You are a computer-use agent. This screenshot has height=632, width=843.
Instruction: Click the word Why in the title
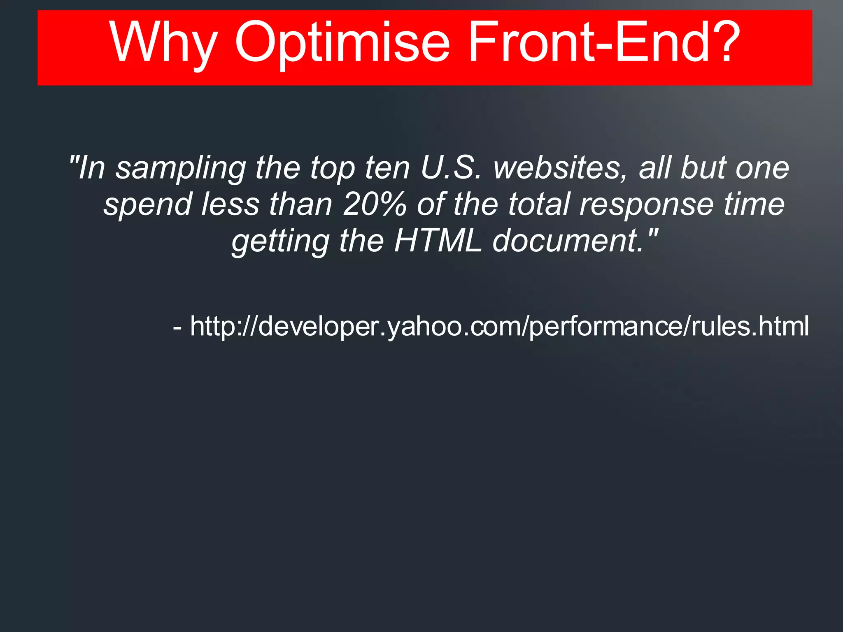point(163,43)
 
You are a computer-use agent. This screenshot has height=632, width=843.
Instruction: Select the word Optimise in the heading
point(342,43)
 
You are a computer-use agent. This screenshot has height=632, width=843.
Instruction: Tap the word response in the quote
point(646,205)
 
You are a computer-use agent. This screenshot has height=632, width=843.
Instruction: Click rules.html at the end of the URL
point(750,326)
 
